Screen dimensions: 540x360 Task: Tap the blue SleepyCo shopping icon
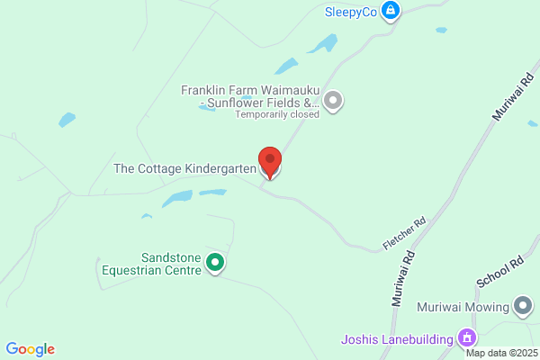(x=390, y=11)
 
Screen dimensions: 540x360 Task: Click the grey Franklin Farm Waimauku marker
(x=334, y=100)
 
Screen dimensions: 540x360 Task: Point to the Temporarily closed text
(x=277, y=114)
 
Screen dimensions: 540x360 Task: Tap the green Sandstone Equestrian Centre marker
(x=215, y=263)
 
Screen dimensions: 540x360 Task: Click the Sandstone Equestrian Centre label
(x=157, y=263)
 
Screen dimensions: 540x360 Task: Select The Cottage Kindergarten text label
(x=184, y=168)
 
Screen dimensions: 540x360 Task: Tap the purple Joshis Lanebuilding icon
(x=466, y=338)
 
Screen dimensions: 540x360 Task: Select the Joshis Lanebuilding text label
(x=397, y=339)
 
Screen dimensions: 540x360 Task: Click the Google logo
(x=30, y=349)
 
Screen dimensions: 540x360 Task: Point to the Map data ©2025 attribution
(x=500, y=353)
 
